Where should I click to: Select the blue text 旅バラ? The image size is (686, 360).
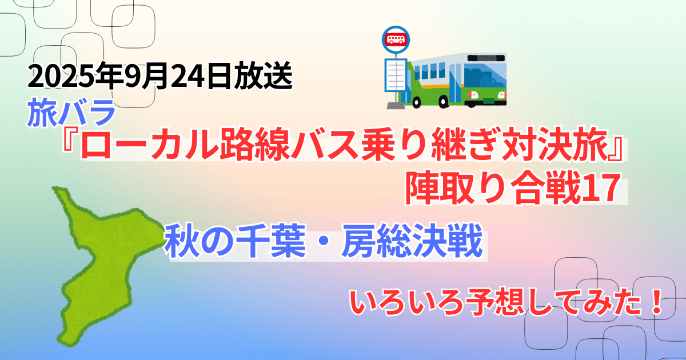pyautogui.click(x=71, y=113)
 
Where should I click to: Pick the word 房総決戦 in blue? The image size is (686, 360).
pyautogui.click(x=412, y=241)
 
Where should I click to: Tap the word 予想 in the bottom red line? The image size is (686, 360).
pyautogui.click(x=496, y=302)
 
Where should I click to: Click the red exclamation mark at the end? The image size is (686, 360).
pyautogui.click(x=656, y=302)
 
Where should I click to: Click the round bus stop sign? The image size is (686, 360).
pyautogui.click(x=396, y=40)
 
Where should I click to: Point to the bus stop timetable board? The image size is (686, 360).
pyautogui.click(x=396, y=75)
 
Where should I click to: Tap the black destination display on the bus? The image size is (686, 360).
pyautogui.click(x=486, y=58)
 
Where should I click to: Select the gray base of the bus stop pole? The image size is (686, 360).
pyautogui.click(x=396, y=106)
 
